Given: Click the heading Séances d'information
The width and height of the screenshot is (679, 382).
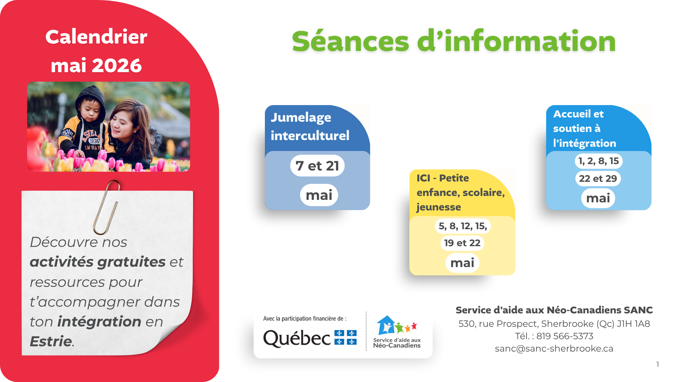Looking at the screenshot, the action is [454, 41].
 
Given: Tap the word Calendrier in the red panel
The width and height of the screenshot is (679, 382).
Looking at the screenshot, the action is [96, 37].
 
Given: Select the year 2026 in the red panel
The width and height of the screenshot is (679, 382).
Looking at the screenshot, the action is [117, 66].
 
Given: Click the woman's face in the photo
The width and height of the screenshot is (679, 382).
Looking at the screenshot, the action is [122, 122].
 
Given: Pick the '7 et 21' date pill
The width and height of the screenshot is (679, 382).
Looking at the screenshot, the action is [317, 166].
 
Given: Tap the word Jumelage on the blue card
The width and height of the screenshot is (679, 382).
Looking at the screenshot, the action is [301, 117].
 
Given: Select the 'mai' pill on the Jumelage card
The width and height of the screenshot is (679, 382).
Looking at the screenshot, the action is [319, 195].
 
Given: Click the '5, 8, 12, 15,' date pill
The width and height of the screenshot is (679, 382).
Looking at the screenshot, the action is [463, 226].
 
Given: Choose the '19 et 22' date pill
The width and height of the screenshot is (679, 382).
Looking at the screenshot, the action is [462, 243].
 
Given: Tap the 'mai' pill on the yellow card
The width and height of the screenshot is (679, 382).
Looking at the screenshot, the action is [462, 263].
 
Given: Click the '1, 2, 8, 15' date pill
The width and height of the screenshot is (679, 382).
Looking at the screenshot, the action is [598, 161].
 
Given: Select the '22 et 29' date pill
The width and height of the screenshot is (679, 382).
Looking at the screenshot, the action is [598, 179].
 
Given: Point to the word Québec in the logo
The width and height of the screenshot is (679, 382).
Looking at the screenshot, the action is [297, 338].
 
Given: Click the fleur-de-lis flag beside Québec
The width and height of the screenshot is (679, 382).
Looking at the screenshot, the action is [346, 337].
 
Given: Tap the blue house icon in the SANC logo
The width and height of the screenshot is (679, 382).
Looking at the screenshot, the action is [386, 325].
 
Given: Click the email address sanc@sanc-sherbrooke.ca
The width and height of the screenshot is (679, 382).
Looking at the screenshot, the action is [554, 349].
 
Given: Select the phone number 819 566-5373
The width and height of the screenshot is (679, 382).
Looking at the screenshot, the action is [565, 336].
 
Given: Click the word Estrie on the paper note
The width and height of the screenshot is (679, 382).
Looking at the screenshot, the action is [51, 342].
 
